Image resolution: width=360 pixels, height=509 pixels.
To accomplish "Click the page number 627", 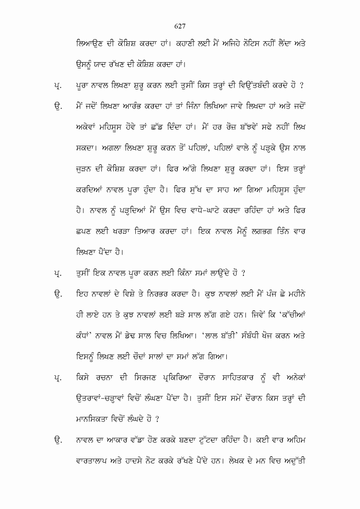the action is pos(180,26).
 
